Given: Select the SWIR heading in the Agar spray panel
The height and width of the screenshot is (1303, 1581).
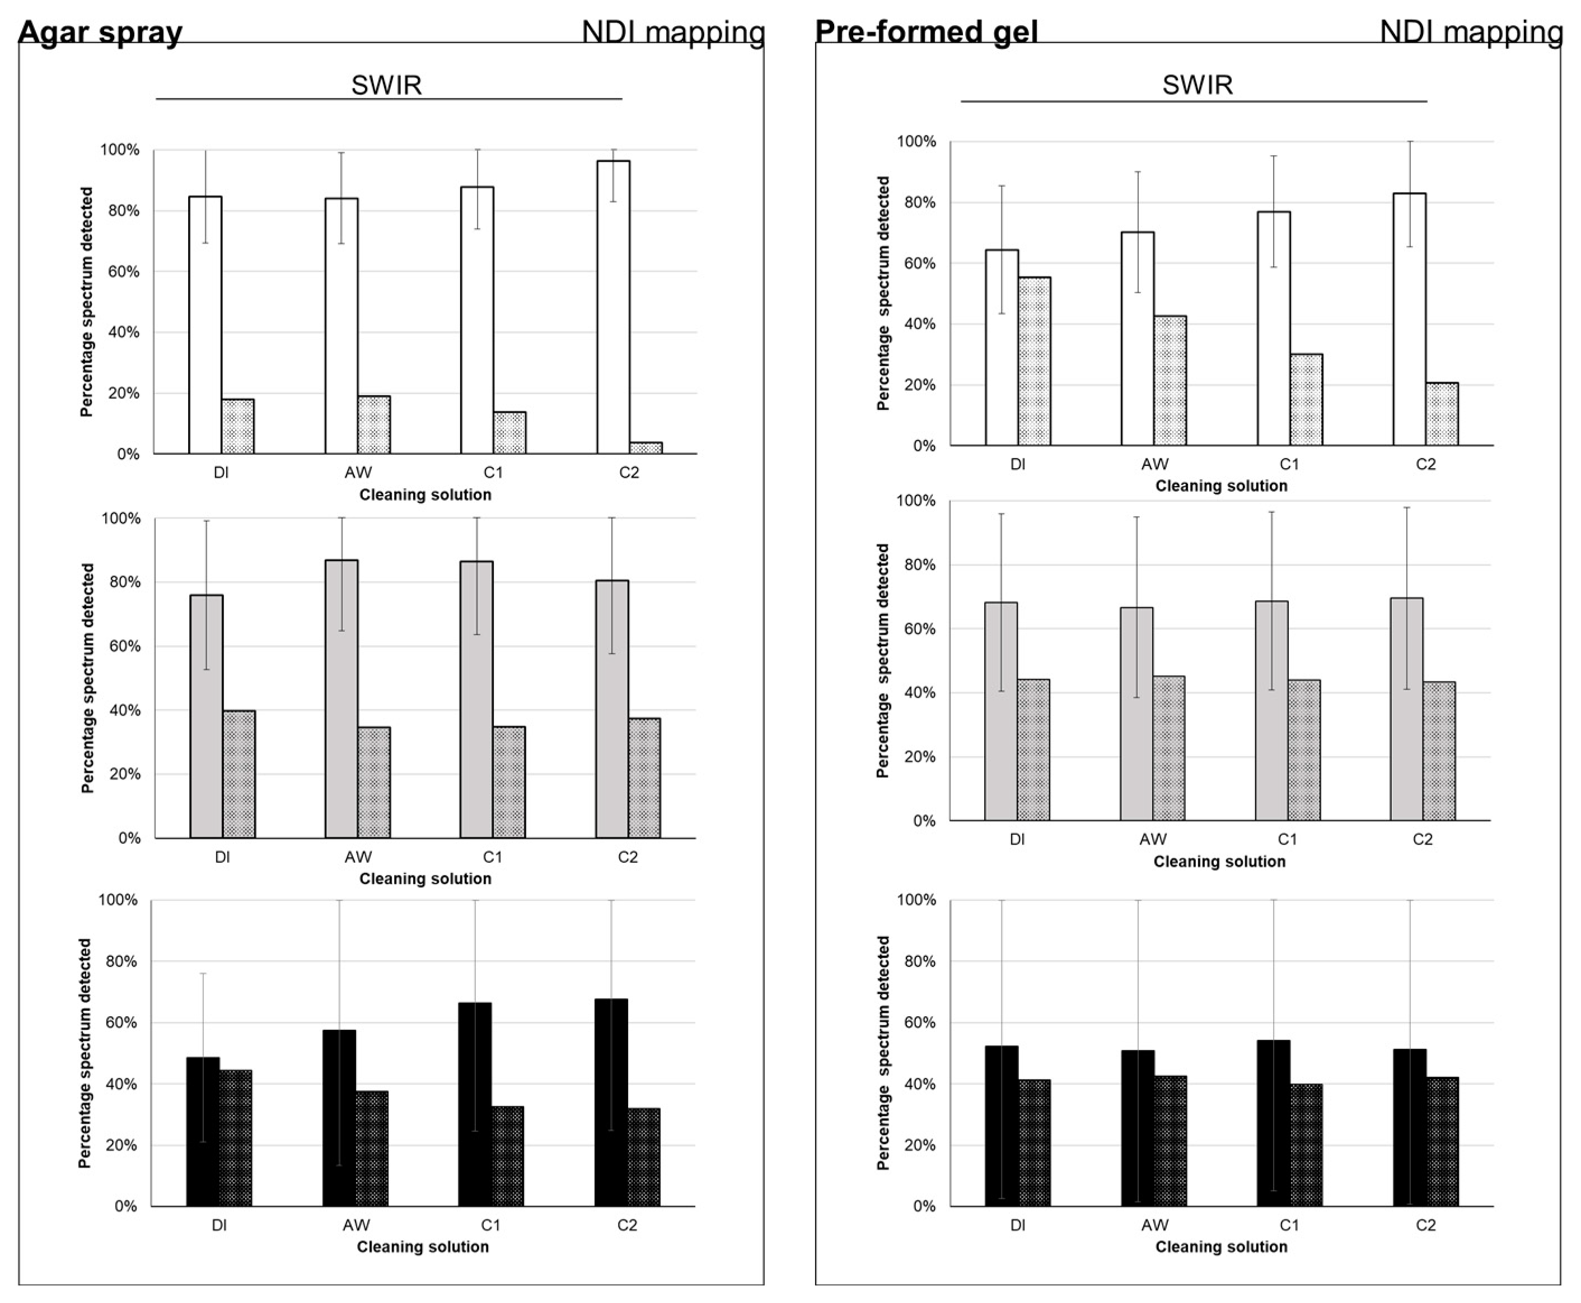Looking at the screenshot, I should [386, 85].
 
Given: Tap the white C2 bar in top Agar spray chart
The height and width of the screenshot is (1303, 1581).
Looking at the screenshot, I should [613, 308].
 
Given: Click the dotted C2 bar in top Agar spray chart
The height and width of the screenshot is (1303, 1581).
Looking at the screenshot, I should [646, 448].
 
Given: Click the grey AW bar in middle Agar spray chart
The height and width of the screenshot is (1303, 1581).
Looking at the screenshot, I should [342, 699].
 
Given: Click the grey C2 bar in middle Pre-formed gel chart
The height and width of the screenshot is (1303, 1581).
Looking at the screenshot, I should [1406, 709].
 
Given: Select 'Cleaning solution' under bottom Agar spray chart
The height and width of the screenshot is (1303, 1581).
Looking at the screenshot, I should [423, 1246].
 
